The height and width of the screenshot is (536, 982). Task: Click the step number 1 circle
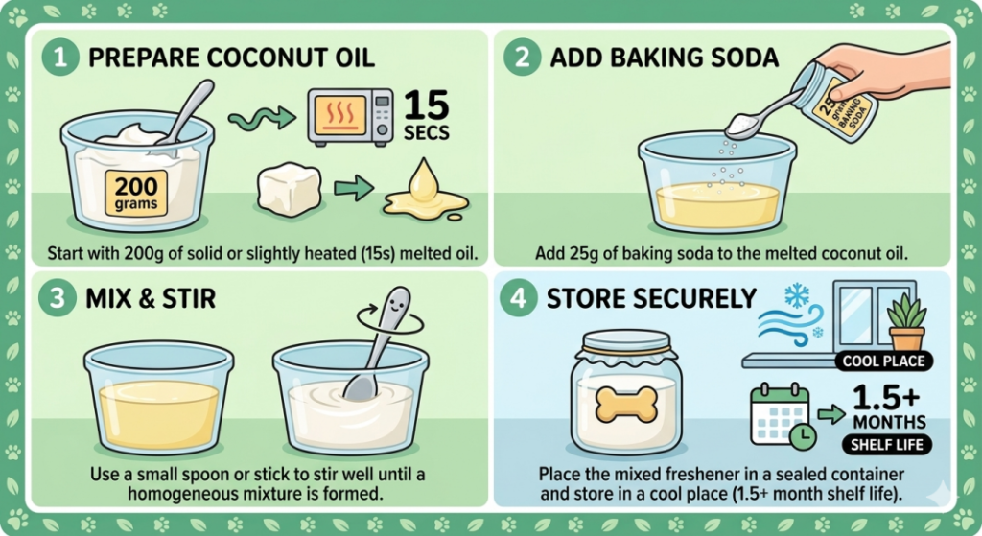coord(60,57)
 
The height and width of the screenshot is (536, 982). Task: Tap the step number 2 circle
coord(523,57)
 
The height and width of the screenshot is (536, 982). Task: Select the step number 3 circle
coord(57,298)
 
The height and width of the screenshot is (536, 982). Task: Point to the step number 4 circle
coord(519,298)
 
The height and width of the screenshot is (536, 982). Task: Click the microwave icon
coord(350,116)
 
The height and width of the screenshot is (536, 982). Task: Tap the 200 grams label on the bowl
coord(136,193)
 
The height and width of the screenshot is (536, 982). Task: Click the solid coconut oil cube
coord(290,189)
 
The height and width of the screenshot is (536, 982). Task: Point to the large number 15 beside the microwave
coord(427,105)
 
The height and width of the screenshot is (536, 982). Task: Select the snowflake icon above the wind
coord(797,295)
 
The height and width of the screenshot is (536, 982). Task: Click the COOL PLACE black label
coord(883,361)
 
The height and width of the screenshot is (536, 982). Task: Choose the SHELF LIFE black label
coord(887,445)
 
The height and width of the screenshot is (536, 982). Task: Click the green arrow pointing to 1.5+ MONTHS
coord(831,414)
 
